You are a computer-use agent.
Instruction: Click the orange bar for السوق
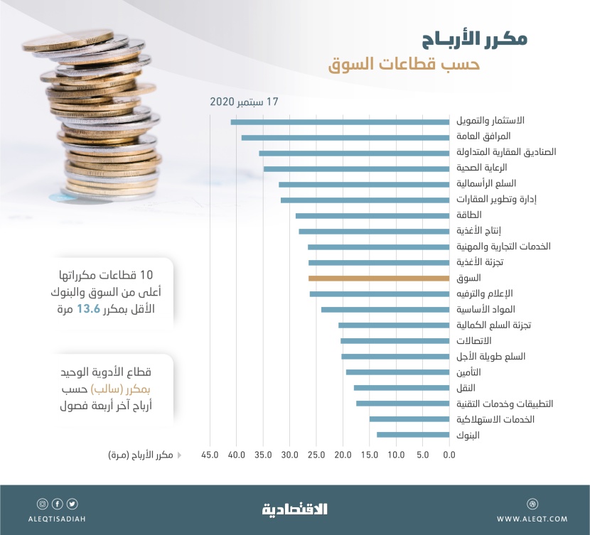click(379, 278)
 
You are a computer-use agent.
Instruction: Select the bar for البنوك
click(413, 435)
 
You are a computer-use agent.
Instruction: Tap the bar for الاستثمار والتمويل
click(340, 121)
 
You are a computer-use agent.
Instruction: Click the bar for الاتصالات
click(395, 340)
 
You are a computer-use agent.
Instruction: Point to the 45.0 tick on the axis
click(209, 455)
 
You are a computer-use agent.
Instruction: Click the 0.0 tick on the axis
click(449, 455)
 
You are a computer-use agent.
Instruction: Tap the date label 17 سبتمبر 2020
click(243, 102)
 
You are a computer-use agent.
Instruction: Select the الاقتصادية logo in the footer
click(295, 509)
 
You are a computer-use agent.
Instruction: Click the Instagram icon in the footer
click(42, 504)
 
